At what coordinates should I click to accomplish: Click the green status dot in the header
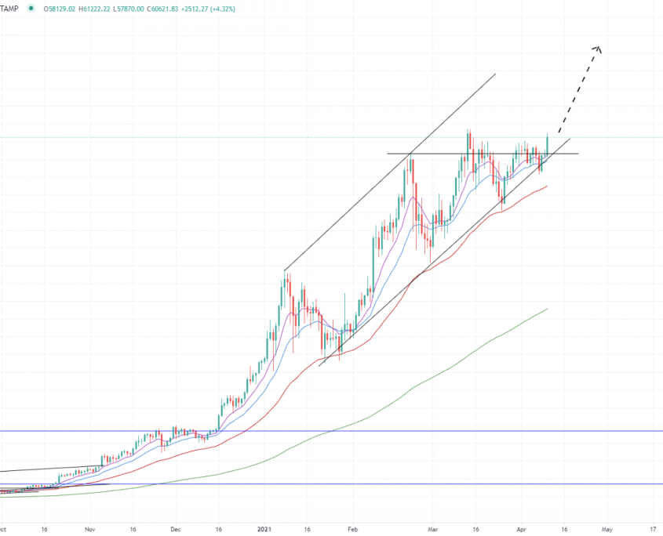[31, 9]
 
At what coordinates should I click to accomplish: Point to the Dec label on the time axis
[175, 528]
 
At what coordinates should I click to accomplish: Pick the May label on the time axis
[607, 528]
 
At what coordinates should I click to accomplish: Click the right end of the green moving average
[547, 309]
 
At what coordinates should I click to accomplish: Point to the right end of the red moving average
[547, 186]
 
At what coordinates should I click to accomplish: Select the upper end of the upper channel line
[496, 74]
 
